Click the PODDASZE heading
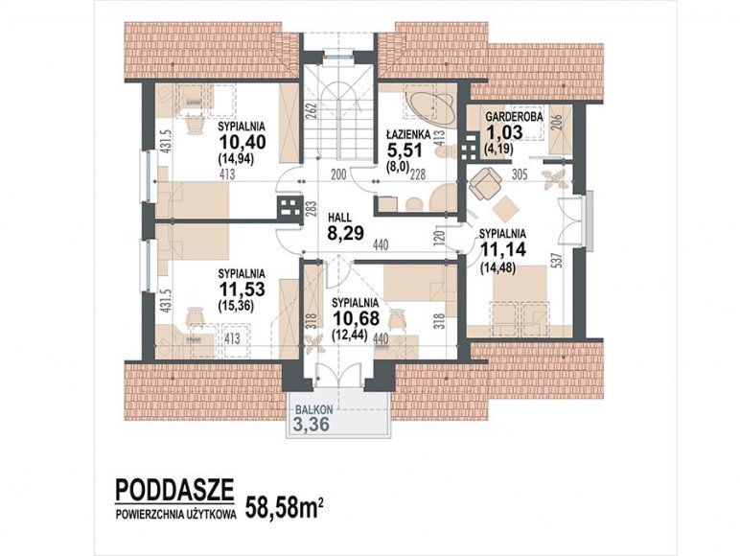(x=174, y=490)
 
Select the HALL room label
(x=339, y=218)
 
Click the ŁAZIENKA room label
(x=406, y=133)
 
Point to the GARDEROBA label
(x=515, y=116)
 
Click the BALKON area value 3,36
(x=311, y=425)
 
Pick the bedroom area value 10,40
(x=243, y=142)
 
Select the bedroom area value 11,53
(x=242, y=289)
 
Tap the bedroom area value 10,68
(x=356, y=318)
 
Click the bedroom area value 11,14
(x=502, y=249)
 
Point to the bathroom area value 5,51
(x=405, y=151)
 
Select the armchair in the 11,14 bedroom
(x=485, y=184)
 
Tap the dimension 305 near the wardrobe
(x=520, y=174)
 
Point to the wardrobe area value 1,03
(x=504, y=132)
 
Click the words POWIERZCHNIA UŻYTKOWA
(x=176, y=516)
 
